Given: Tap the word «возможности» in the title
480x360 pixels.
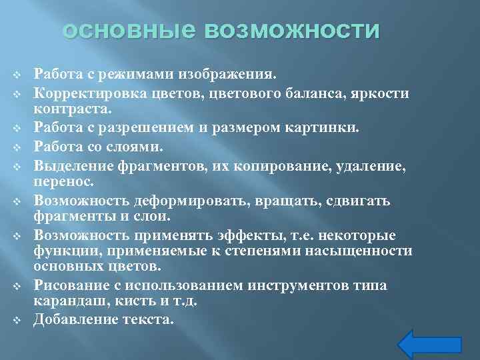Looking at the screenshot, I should pos(293,31).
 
